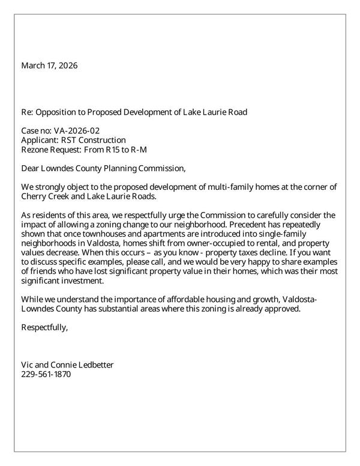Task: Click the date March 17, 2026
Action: point(49,65)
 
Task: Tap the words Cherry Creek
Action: point(47,196)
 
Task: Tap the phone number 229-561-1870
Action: point(46,374)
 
